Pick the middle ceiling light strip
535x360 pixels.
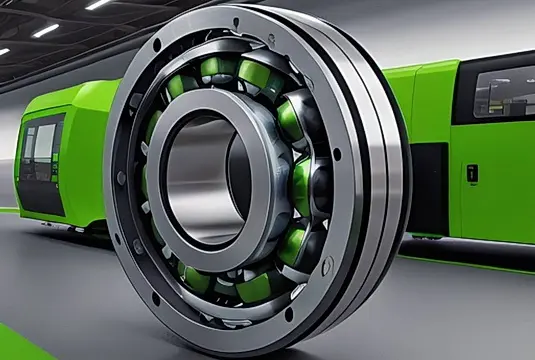click(x=45, y=30)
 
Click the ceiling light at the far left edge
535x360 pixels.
click(x=4, y=51)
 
